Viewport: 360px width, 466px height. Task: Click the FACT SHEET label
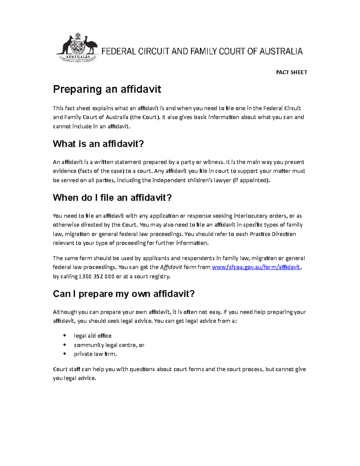291,72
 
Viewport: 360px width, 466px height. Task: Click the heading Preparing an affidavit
107,89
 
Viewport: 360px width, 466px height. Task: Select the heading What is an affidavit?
98,144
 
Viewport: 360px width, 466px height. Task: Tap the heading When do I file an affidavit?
112,197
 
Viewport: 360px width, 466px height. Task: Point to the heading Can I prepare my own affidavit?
124,293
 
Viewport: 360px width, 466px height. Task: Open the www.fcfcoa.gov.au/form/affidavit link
256,267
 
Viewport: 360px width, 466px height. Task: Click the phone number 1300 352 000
96,276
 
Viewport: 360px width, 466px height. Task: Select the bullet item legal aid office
93,336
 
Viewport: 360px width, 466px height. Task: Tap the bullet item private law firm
95,354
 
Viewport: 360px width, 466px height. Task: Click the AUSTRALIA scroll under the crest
78,57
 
